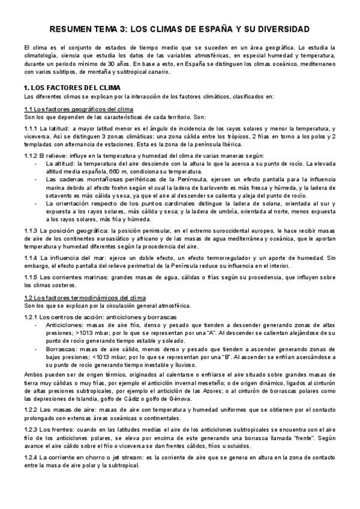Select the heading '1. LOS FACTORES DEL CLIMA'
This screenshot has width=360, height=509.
point(62,87)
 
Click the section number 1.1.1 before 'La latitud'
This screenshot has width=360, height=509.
point(31,129)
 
